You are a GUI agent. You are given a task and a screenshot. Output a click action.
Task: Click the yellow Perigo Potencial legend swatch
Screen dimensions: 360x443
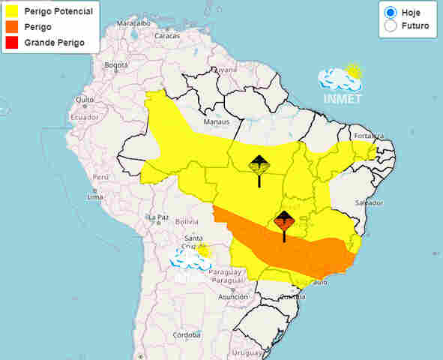(11, 12)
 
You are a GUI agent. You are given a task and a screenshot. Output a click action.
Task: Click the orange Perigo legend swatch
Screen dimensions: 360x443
(11, 27)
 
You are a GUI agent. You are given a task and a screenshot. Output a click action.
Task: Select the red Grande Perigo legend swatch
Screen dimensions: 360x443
(11, 42)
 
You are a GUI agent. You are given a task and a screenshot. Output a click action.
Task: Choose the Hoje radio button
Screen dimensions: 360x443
(390, 13)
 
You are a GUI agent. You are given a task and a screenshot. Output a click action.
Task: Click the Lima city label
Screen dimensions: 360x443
(94, 196)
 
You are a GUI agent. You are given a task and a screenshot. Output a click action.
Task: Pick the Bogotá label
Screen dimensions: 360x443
(117, 65)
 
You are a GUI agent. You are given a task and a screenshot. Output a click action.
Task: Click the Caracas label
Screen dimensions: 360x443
(168, 35)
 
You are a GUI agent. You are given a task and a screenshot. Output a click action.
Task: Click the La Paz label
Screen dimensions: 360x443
(157, 217)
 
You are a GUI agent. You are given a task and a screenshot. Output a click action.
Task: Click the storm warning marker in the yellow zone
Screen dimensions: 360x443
(259, 169)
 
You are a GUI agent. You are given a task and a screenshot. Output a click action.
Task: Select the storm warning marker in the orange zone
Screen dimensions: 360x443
(284, 224)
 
